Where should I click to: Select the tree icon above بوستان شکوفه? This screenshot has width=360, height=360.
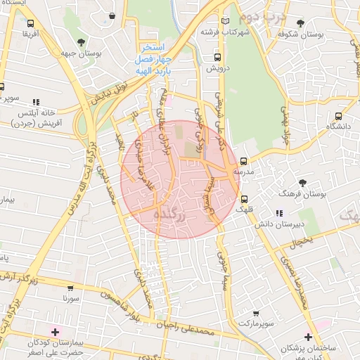[301, 23]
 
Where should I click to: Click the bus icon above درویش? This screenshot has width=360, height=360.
[217, 58]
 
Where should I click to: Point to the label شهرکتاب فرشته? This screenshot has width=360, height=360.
[214, 32]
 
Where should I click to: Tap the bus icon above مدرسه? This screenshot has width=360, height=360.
[244, 161]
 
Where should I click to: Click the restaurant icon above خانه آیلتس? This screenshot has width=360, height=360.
[37, 101]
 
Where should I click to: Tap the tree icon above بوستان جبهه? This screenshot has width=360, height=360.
[82, 42]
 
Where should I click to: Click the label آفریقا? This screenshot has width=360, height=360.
[30, 33]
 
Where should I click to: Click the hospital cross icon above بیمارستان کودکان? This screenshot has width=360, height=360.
[55, 331]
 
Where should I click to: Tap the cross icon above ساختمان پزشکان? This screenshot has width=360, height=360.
[307, 337]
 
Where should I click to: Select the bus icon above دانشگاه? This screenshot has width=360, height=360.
[340, 116]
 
